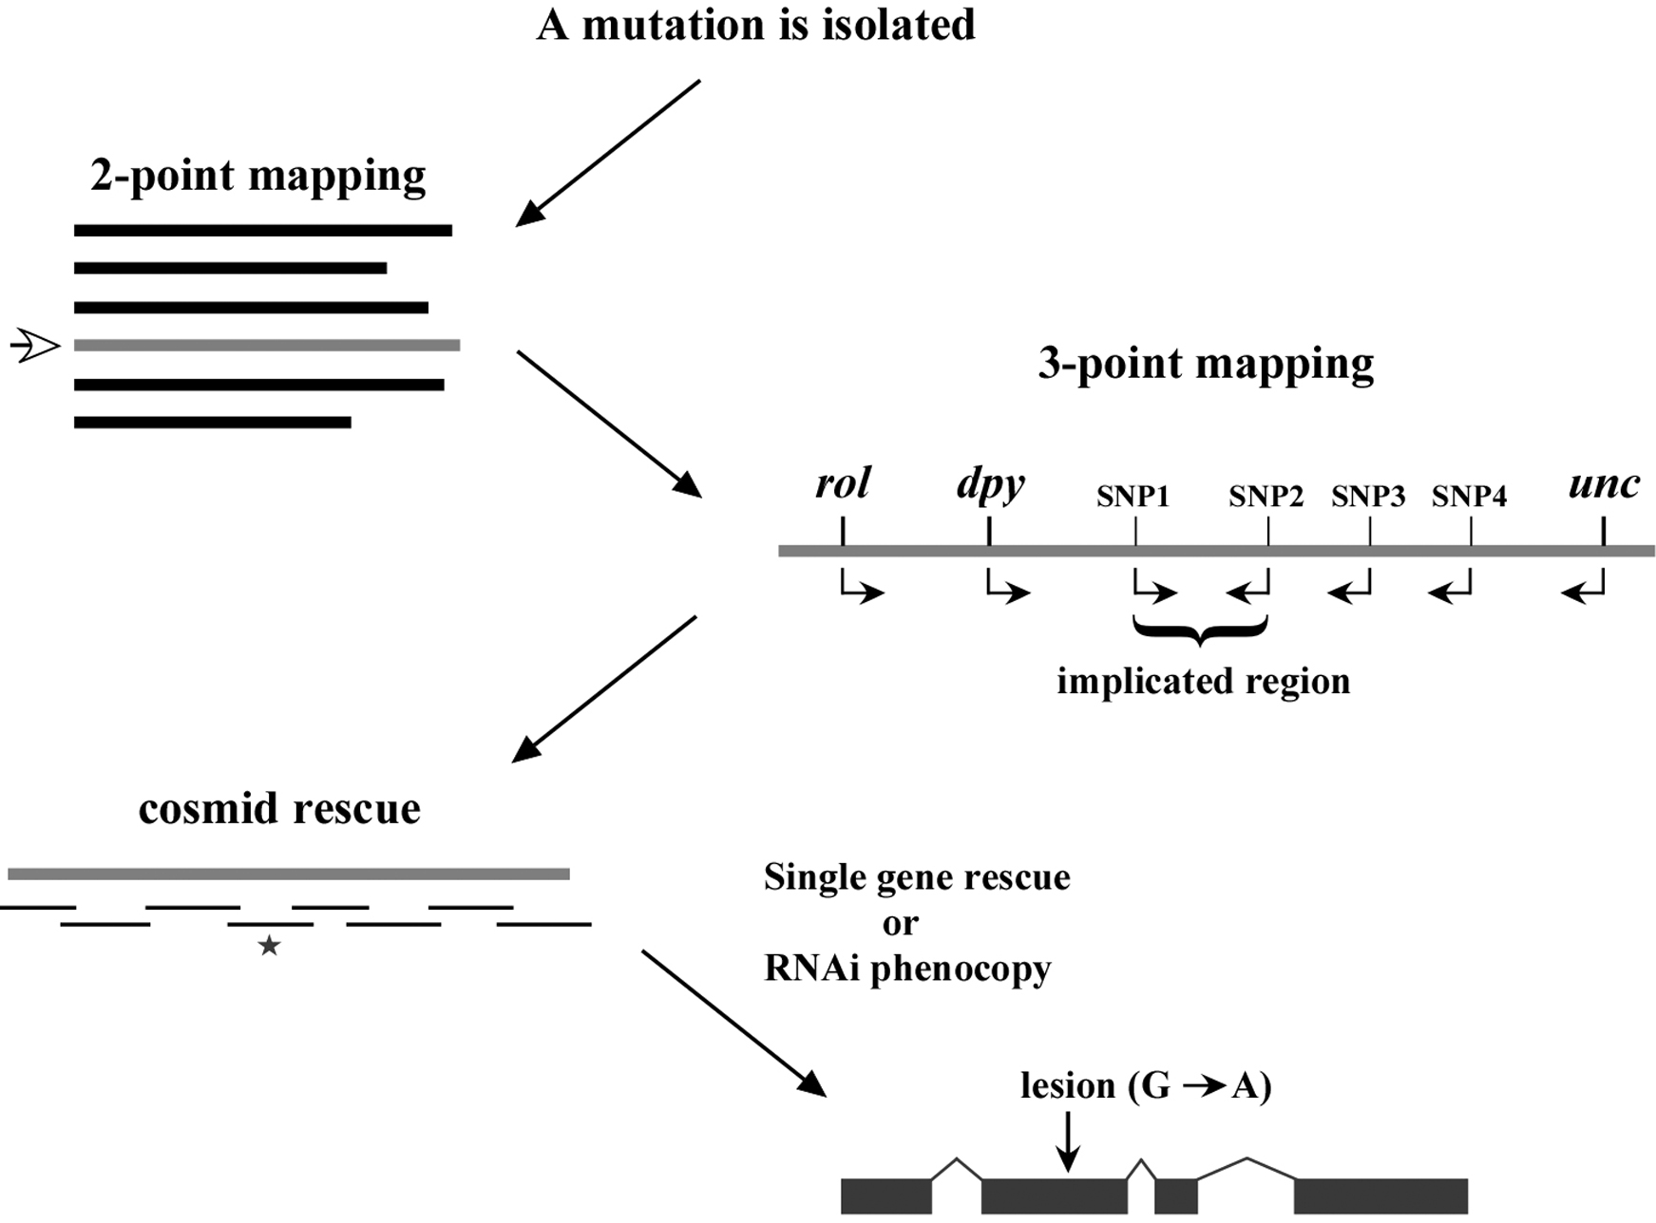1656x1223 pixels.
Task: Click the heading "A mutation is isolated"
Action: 756,25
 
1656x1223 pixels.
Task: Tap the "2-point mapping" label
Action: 258,177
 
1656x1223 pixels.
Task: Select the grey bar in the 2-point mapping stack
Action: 267,346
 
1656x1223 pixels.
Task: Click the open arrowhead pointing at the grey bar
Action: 35,346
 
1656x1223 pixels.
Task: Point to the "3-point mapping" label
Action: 1206,365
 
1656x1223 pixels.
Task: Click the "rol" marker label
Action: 843,483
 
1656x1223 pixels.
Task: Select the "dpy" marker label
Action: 991,485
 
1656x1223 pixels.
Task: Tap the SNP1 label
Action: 1133,497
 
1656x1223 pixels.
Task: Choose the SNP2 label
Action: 1266,497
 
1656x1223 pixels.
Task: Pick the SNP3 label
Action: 1368,497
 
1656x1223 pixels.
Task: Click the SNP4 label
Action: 1469,497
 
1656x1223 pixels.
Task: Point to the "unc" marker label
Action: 1604,485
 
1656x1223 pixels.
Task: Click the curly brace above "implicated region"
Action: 1201,630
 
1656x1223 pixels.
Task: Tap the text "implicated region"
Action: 1204,682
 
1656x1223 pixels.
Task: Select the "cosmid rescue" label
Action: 279,810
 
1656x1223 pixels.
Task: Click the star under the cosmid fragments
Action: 270,946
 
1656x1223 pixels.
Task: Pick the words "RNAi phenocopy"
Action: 907,969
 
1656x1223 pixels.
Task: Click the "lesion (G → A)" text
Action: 1146,1086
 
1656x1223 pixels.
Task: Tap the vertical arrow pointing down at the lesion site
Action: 1069,1141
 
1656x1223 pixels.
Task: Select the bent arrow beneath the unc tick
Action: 1583,586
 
